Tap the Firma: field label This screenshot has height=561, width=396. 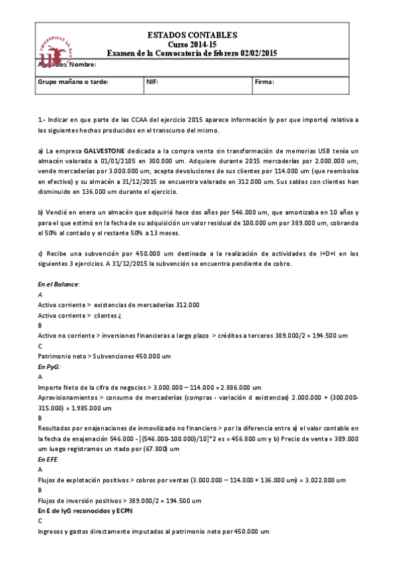tap(264, 83)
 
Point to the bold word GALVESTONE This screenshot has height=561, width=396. tap(106, 151)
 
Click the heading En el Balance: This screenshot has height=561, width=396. tap(59, 284)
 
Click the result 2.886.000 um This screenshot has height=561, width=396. tap(239, 387)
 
